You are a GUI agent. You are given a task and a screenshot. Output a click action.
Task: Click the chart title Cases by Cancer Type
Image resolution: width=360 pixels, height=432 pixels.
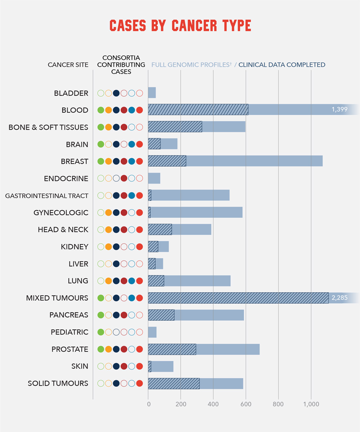[180, 26]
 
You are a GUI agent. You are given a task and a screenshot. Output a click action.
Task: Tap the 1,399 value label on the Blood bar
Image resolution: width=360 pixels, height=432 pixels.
[339, 109]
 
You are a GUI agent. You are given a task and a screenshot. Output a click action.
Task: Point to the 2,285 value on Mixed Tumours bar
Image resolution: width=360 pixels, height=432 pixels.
[339, 298]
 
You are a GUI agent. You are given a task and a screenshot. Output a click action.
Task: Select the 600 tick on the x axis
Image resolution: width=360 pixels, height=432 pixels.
[246, 404]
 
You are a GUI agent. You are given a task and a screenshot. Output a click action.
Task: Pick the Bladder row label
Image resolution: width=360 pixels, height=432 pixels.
[71, 93]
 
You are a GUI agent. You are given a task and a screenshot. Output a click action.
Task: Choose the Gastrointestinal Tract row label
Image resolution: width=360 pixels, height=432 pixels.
[47, 196]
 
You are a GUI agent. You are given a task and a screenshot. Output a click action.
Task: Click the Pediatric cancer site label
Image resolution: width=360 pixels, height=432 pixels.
[69, 332]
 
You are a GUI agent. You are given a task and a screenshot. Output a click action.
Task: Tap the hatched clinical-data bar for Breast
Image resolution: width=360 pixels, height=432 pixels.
[167, 161]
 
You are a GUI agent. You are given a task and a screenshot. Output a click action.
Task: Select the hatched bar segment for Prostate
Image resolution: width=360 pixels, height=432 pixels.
[172, 349]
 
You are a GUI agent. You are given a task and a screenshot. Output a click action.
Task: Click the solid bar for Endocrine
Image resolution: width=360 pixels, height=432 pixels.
[154, 178]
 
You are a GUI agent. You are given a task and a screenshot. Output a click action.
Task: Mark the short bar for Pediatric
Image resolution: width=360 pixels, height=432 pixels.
[152, 332]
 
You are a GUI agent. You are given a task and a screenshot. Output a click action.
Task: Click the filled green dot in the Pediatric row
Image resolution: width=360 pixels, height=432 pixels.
[101, 332]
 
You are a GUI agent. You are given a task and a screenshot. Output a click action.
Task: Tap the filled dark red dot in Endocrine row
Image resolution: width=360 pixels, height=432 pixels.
[124, 178]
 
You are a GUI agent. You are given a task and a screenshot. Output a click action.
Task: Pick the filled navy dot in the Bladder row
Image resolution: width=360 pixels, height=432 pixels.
[116, 93]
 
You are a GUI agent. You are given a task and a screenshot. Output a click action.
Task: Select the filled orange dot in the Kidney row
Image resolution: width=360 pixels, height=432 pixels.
[108, 247]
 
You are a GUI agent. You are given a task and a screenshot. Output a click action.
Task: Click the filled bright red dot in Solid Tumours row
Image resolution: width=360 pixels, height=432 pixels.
[139, 383]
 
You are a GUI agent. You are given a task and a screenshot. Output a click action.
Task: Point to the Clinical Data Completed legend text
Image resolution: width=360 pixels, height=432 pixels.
[282, 65]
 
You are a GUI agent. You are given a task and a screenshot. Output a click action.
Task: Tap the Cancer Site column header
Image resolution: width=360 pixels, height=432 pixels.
[68, 65]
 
